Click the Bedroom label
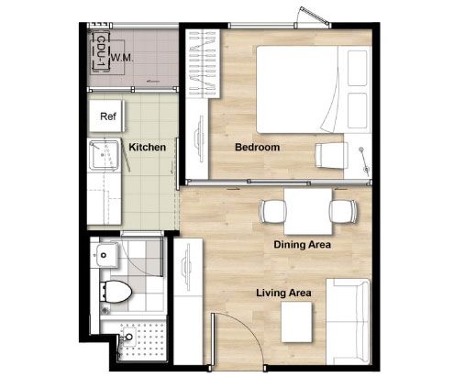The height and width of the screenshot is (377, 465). click(x=257, y=147)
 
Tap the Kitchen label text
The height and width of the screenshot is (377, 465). click(x=148, y=147)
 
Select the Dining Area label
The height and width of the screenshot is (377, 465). click(x=302, y=245)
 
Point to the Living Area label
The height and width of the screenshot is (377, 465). click(x=283, y=293)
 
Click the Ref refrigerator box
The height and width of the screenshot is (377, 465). click(x=106, y=116)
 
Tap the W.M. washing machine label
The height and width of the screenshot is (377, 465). click(x=122, y=58)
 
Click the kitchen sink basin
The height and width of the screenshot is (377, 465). click(x=104, y=154)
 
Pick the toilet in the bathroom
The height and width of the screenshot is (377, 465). click(x=116, y=292)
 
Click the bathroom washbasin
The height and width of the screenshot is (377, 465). click(x=105, y=255)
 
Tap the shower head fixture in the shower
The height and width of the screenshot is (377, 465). click(x=128, y=336)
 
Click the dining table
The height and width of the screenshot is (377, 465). click(x=308, y=211)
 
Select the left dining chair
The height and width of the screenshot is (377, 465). click(x=272, y=211)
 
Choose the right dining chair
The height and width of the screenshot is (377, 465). click(x=343, y=211)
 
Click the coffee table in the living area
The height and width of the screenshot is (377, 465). click(x=296, y=322)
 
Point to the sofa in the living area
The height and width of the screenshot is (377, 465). click(x=348, y=321)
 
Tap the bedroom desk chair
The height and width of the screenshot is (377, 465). click(x=331, y=155)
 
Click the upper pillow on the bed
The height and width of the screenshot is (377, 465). click(x=357, y=68)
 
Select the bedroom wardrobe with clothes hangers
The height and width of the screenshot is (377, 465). click(x=203, y=63)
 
